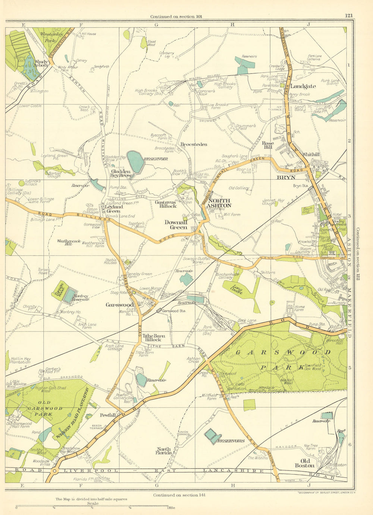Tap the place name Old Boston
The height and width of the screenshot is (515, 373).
click(304, 463)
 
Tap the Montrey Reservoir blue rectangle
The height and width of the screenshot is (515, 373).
click(69, 295)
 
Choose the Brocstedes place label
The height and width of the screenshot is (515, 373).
click(193, 144)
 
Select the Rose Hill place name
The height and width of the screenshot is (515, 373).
click(268, 145)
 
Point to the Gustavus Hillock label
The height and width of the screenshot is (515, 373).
click(166, 204)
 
